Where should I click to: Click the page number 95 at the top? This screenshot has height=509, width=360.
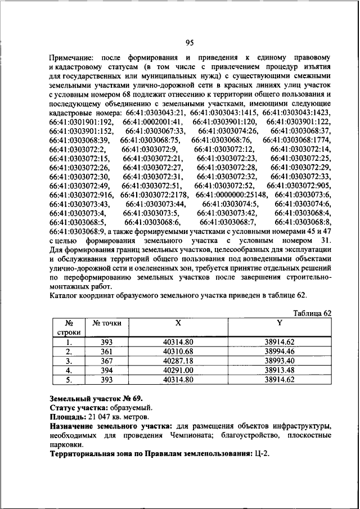[190, 40]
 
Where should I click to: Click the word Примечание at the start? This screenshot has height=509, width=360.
[72, 58]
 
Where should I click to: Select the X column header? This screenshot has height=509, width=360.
[178, 323]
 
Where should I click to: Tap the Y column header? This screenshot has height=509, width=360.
[279, 323]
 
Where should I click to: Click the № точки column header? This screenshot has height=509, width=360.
[107, 323]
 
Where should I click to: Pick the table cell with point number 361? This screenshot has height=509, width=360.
[107, 352]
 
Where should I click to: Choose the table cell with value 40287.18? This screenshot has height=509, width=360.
[178, 361]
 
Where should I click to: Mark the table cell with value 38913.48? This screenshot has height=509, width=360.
[279, 370]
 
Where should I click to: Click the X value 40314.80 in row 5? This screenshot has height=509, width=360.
[178, 380]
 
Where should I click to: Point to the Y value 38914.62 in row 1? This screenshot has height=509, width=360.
[279, 342]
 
